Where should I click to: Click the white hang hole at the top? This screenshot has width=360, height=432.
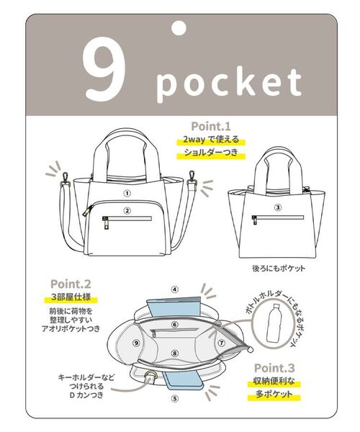179,28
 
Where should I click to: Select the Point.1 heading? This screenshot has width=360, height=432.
211,127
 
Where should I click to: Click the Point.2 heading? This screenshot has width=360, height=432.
71,284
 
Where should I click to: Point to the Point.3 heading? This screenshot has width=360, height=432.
274,368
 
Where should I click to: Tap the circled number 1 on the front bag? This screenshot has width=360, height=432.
127,194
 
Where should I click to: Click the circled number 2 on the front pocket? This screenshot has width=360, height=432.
127,211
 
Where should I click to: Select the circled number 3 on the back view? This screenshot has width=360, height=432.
278,207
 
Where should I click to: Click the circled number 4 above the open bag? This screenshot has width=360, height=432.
175,289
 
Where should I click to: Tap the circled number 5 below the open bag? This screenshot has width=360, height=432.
175,398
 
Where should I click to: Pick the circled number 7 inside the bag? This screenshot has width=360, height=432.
222,343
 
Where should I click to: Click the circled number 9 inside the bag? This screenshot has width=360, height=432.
136,343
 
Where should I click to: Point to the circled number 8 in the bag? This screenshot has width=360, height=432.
175,354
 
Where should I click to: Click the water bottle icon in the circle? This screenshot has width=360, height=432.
273,323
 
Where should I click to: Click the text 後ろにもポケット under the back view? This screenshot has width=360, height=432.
279,268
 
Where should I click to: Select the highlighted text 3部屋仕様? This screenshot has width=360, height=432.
71,298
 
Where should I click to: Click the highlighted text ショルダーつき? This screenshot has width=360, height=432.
211,153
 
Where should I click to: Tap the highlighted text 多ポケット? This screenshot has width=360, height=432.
274,395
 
